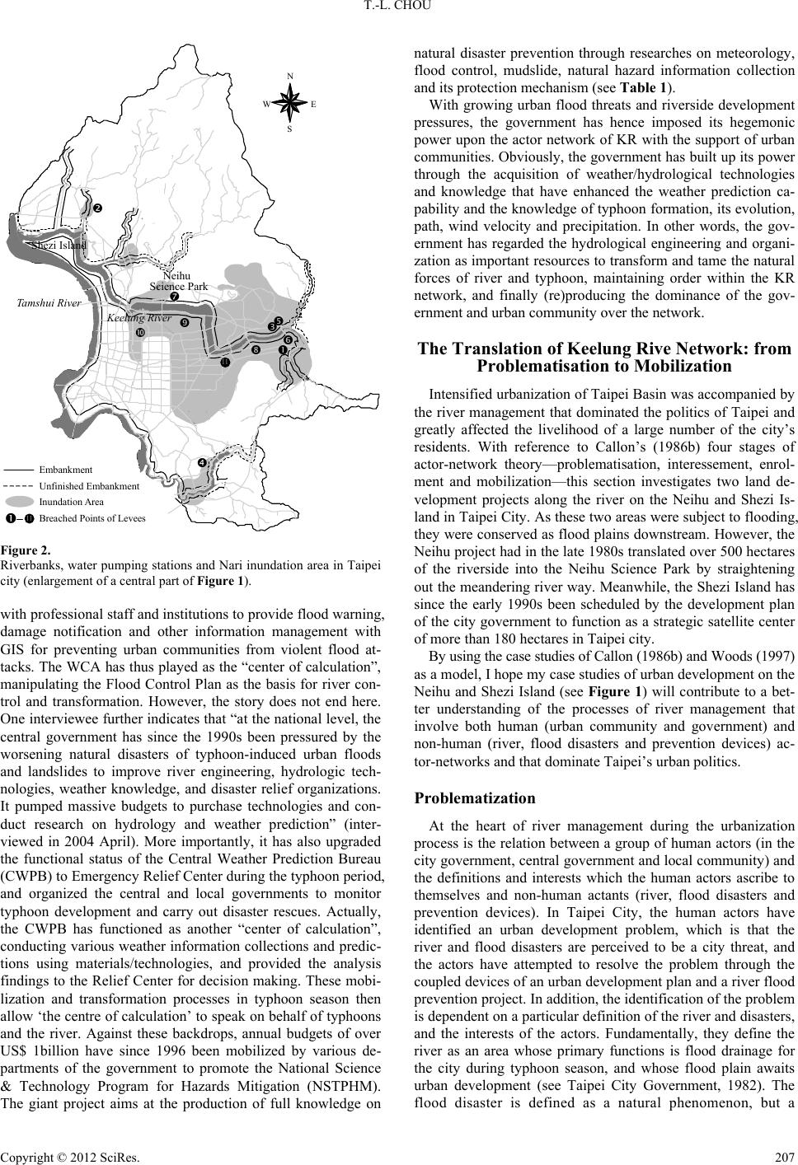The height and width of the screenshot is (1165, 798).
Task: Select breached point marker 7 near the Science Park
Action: point(174,297)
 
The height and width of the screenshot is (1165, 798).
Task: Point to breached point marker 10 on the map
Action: point(141,331)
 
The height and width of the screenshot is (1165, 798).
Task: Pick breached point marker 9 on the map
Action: point(185,323)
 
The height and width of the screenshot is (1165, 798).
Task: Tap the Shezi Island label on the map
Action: point(58,245)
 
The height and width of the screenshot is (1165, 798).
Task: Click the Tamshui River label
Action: point(49,303)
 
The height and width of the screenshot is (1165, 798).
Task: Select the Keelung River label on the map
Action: point(138,317)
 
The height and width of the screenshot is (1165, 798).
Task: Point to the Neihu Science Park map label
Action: point(178,280)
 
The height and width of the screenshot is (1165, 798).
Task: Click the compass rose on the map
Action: point(290,103)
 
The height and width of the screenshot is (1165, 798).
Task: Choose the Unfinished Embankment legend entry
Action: point(90,486)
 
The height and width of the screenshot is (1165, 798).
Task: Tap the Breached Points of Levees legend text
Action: point(92,518)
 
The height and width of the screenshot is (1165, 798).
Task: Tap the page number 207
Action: point(785,1153)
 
